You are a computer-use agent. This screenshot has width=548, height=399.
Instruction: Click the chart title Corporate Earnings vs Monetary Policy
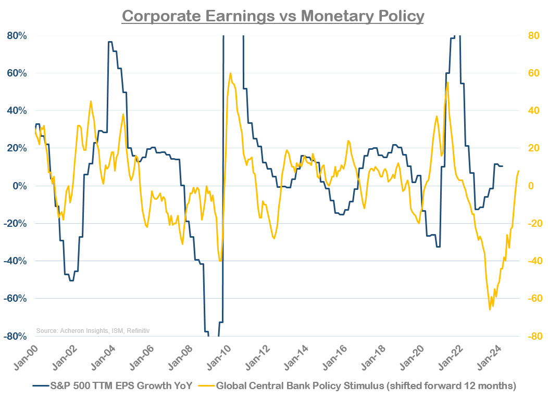coord(273,16)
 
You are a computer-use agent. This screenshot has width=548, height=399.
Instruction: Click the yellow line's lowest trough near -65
coord(490,310)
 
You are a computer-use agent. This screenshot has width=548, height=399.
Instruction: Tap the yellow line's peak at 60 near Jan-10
coord(230,73)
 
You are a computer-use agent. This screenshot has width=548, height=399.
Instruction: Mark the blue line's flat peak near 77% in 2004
coord(110,42)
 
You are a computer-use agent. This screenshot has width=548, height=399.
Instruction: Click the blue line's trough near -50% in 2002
coord(71,280)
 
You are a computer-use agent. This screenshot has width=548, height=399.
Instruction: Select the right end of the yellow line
coord(519,171)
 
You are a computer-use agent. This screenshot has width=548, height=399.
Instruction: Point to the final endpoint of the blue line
coord(502,166)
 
